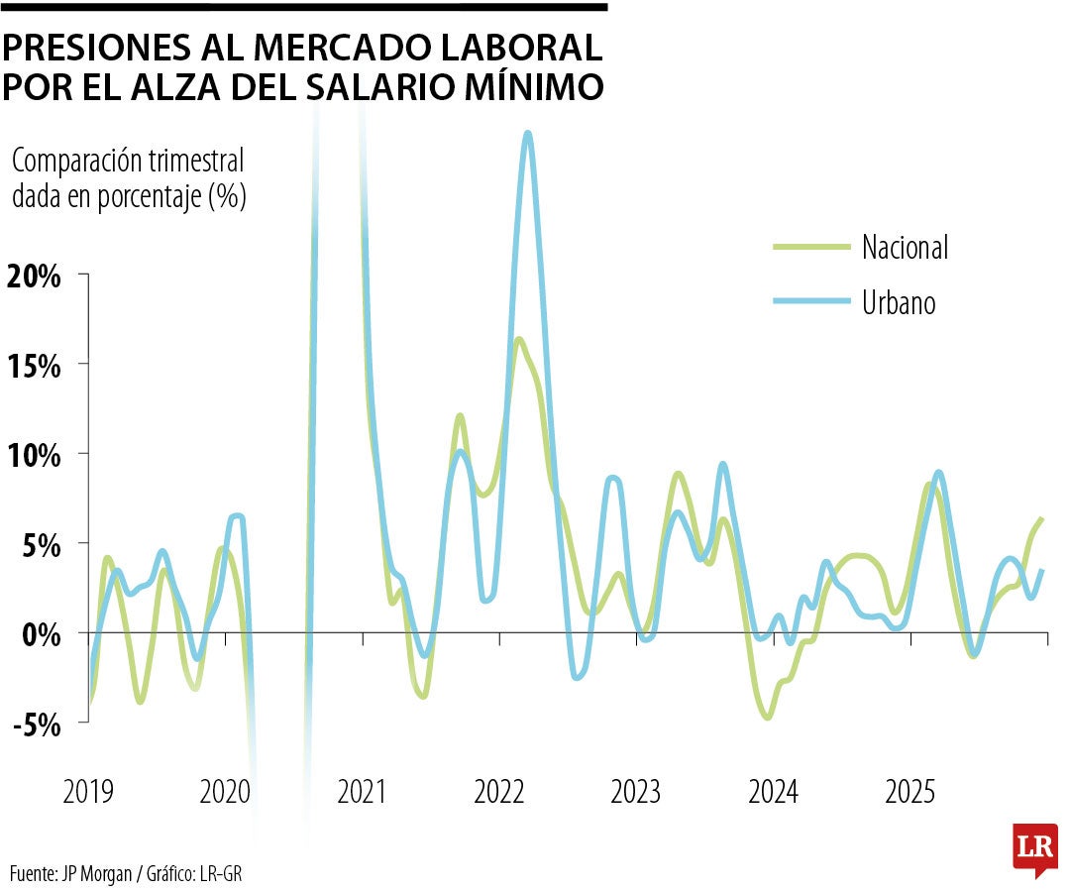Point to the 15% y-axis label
35,365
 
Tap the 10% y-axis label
35,455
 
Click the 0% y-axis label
43,634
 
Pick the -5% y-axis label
38,725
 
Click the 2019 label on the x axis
88,793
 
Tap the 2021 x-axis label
363,793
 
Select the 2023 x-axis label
636,793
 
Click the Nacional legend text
905,247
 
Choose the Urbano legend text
898,301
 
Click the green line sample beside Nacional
810,245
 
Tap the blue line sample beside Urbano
810,300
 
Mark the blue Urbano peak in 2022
528,134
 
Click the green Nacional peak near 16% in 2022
518,340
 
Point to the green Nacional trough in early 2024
767,717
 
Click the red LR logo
1034,848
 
